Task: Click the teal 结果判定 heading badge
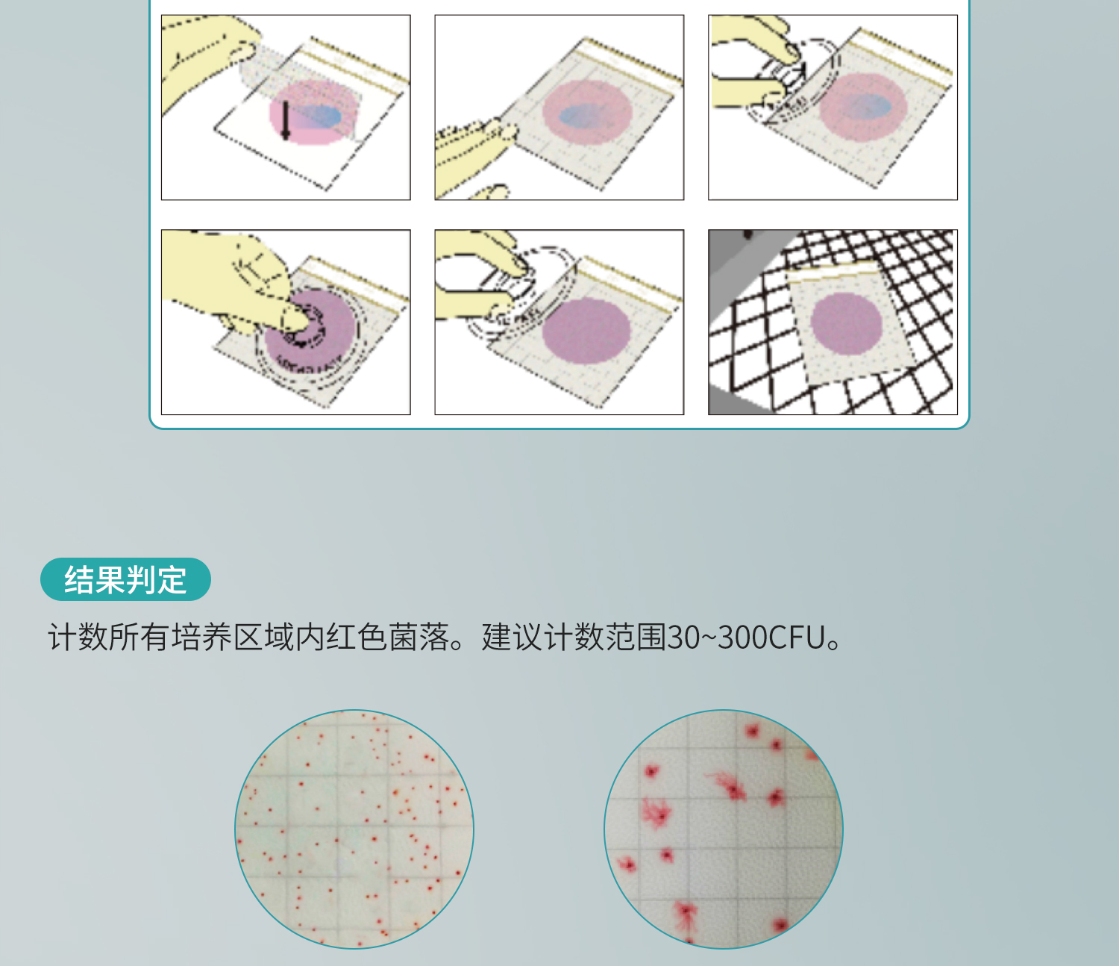[125, 579]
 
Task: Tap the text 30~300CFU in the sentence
[746, 637]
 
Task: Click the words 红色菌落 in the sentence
[388, 637]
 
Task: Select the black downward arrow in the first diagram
[286, 120]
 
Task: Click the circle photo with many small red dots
[354, 829]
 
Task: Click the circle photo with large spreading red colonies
[724, 829]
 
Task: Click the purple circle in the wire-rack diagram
[846, 324]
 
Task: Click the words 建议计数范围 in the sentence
[574, 637]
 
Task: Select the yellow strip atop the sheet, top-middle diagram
[633, 60]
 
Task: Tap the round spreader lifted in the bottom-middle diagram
[520, 296]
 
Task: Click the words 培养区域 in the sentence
[233, 637]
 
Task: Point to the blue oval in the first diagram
[319, 116]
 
